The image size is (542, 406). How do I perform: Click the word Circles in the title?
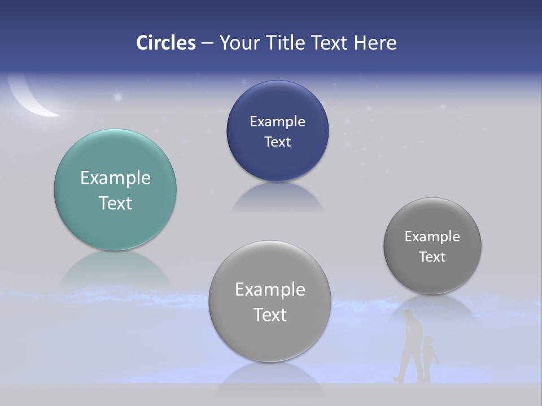click(166, 43)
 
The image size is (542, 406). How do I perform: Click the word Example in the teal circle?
click(115, 178)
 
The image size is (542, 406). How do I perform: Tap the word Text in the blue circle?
click(277, 142)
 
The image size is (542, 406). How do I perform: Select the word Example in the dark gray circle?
click(432, 237)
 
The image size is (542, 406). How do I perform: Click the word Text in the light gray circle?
click(270, 315)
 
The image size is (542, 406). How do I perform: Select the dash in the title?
click(207, 43)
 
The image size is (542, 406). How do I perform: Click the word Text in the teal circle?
click(115, 203)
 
